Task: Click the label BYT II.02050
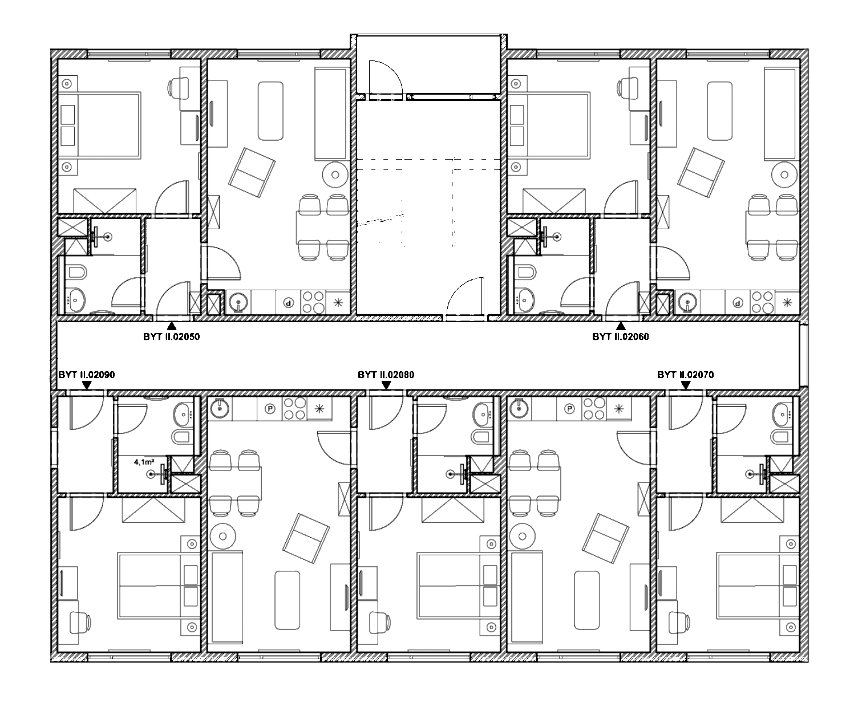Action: [x=172, y=336]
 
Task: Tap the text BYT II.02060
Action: [x=621, y=336]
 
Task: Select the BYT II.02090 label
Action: [x=87, y=375]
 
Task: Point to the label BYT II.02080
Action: [x=386, y=375]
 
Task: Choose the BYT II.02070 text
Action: [x=686, y=375]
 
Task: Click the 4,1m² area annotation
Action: [x=144, y=462]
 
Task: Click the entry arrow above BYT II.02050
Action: [x=172, y=326]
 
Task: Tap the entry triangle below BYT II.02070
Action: [x=686, y=385]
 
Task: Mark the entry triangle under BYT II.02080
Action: [x=386, y=385]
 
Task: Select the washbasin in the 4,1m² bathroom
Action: [x=183, y=415]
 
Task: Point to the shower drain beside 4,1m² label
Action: [x=151, y=474]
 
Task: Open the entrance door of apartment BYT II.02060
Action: [x=622, y=298]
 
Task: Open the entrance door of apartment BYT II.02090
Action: [x=87, y=413]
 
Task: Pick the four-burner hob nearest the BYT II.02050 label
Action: [x=313, y=302]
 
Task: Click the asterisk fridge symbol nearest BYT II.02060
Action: [x=787, y=303]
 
